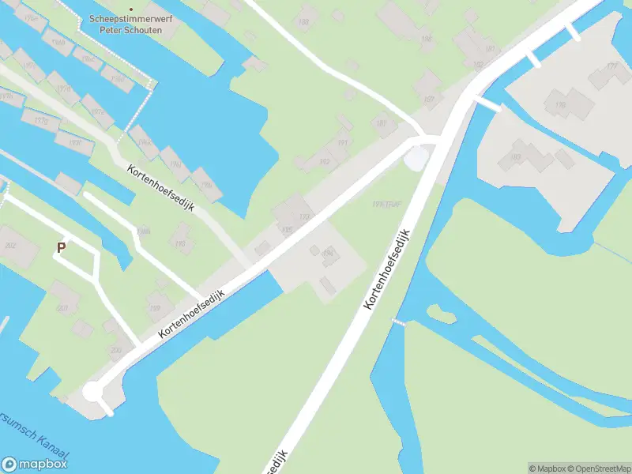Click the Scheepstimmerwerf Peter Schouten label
131,24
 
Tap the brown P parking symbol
61,247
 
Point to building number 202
10,246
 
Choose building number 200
117,349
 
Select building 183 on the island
517,156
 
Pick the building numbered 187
429,100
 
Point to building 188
303,22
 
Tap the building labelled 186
427,38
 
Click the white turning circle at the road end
93,392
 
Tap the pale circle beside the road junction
415,159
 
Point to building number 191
343,143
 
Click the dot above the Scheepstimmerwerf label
131,9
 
